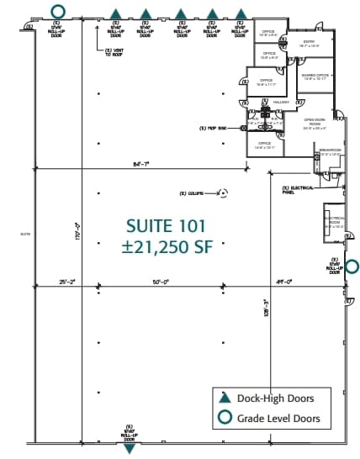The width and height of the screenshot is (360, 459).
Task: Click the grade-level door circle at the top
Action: (x=57, y=12)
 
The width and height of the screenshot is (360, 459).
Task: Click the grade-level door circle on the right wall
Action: (x=353, y=266)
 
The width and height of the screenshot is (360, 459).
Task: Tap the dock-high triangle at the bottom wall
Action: (x=130, y=449)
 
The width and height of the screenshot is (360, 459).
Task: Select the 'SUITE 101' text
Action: (x=165, y=225)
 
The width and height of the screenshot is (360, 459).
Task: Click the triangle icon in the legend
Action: (x=225, y=399)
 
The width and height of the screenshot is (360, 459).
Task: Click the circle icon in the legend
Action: (x=225, y=418)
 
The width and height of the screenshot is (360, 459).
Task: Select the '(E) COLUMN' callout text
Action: (x=193, y=193)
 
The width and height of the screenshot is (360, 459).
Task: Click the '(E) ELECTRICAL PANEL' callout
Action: (x=295, y=189)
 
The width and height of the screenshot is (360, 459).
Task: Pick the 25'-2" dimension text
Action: (x=67, y=282)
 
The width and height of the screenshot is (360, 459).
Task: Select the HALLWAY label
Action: (x=280, y=102)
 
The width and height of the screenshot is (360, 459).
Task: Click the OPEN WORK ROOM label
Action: (x=315, y=122)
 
